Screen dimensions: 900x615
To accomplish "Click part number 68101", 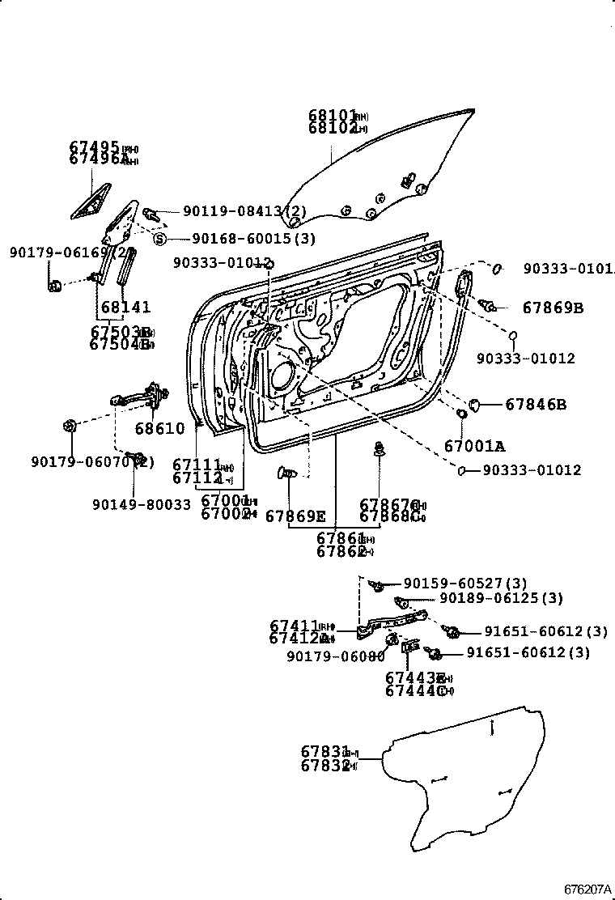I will click(330, 116).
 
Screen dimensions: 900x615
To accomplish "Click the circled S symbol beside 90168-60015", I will click(159, 238).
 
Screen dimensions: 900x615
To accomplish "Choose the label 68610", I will click(159, 428).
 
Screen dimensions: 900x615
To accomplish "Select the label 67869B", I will click(553, 308).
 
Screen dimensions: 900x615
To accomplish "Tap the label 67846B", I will click(537, 404).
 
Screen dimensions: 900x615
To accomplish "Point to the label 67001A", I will click(474, 445).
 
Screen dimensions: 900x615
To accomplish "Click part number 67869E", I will click(295, 516).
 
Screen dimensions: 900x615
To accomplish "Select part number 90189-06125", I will click(502, 598).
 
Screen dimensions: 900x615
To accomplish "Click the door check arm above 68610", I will click(138, 396).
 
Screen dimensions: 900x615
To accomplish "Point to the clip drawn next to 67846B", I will click(476, 402).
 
